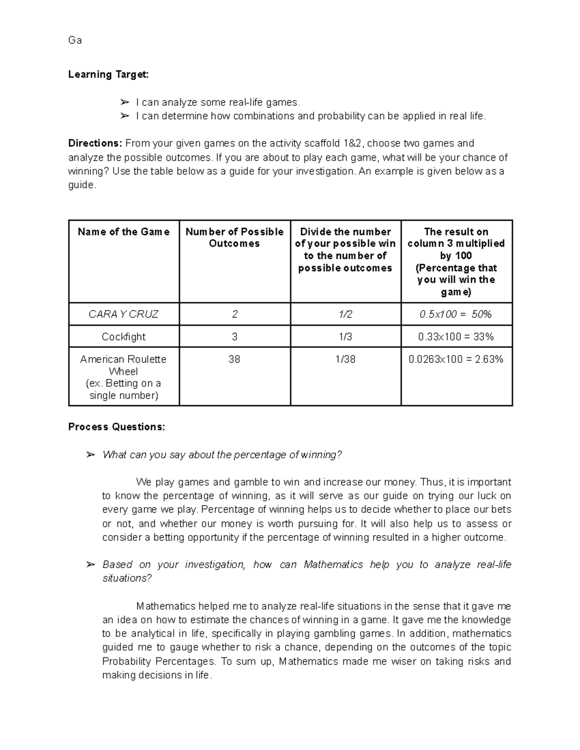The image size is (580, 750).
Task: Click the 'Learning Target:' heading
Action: [x=108, y=74]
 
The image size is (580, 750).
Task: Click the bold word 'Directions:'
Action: [x=95, y=143]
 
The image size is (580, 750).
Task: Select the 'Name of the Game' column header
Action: [x=124, y=232]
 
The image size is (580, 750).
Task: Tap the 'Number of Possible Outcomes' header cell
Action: [x=234, y=238]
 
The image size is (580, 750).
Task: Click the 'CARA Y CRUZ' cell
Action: [x=124, y=314]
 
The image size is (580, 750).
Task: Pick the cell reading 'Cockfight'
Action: [x=124, y=337]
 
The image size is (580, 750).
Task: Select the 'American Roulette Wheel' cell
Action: [x=124, y=377]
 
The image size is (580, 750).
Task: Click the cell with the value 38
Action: [x=234, y=359]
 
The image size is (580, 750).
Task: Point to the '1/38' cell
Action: [x=346, y=359]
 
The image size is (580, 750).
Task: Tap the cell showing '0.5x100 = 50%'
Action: [x=456, y=314]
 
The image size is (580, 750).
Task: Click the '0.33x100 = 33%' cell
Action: [x=456, y=337]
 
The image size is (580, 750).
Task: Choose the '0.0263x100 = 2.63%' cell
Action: [x=456, y=359]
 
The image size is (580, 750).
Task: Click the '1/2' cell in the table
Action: [x=346, y=314]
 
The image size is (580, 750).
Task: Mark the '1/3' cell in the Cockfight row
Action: [x=346, y=337]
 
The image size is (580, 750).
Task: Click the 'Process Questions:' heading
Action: [x=116, y=427]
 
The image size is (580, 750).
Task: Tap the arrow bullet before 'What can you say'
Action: [x=90, y=455]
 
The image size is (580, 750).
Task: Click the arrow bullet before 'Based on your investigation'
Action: [x=90, y=565]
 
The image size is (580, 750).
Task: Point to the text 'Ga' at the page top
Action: [x=75, y=41]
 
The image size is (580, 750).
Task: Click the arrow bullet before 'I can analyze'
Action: [x=125, y=102]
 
